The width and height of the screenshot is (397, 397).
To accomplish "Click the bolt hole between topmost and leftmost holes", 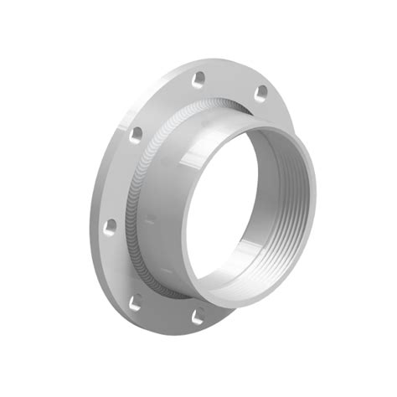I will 135,131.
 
